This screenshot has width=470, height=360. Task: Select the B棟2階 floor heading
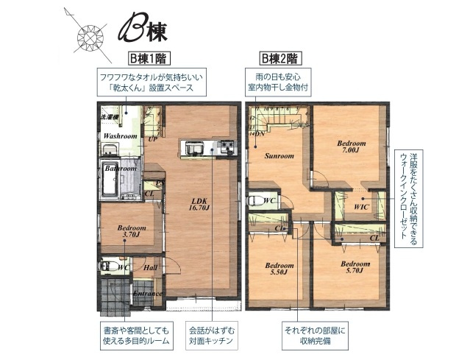(280, 58)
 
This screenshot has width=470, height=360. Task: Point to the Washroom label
(120, 136)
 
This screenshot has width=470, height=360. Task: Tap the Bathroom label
(119, 168)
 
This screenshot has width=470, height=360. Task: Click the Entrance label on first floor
(147, 294)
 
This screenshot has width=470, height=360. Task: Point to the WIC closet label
(360, 207)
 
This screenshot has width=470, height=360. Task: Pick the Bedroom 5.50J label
(279, 269)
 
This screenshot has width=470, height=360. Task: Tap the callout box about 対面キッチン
(210, 336)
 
